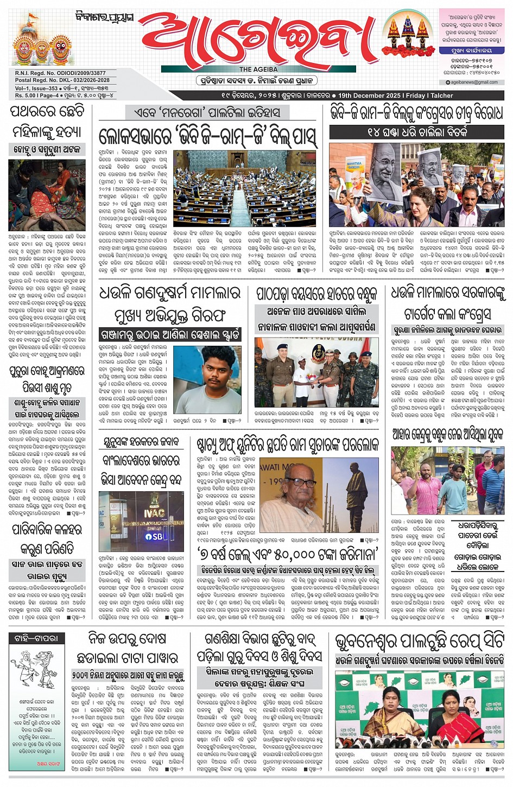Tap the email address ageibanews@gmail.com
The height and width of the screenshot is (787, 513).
tap(473, 82)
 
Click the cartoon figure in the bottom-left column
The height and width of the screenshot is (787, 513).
tap(35, 671)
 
